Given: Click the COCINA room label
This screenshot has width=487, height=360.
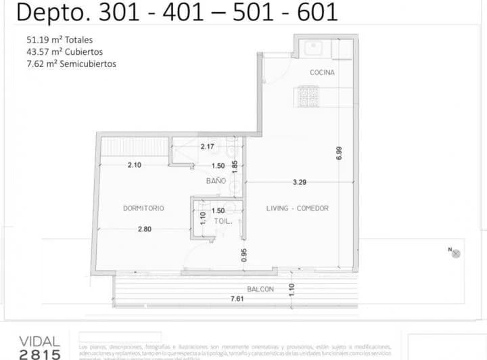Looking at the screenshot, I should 323,72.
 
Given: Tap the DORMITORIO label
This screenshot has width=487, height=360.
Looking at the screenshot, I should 143,208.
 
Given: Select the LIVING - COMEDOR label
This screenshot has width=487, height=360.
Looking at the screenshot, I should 297,208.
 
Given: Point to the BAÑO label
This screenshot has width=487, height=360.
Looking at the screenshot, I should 216,181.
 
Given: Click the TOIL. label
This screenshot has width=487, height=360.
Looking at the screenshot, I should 223,221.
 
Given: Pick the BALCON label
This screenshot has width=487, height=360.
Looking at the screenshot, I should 260,290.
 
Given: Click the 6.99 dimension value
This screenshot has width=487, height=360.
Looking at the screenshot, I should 340,154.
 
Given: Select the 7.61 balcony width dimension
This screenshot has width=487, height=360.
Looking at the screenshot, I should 237,299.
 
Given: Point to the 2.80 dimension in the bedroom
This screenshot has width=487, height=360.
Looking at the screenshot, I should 145,229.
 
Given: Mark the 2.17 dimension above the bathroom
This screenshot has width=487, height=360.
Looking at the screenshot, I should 207,146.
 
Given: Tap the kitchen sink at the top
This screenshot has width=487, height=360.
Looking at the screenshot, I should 314,49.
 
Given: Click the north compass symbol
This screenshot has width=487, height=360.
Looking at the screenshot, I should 456,253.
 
